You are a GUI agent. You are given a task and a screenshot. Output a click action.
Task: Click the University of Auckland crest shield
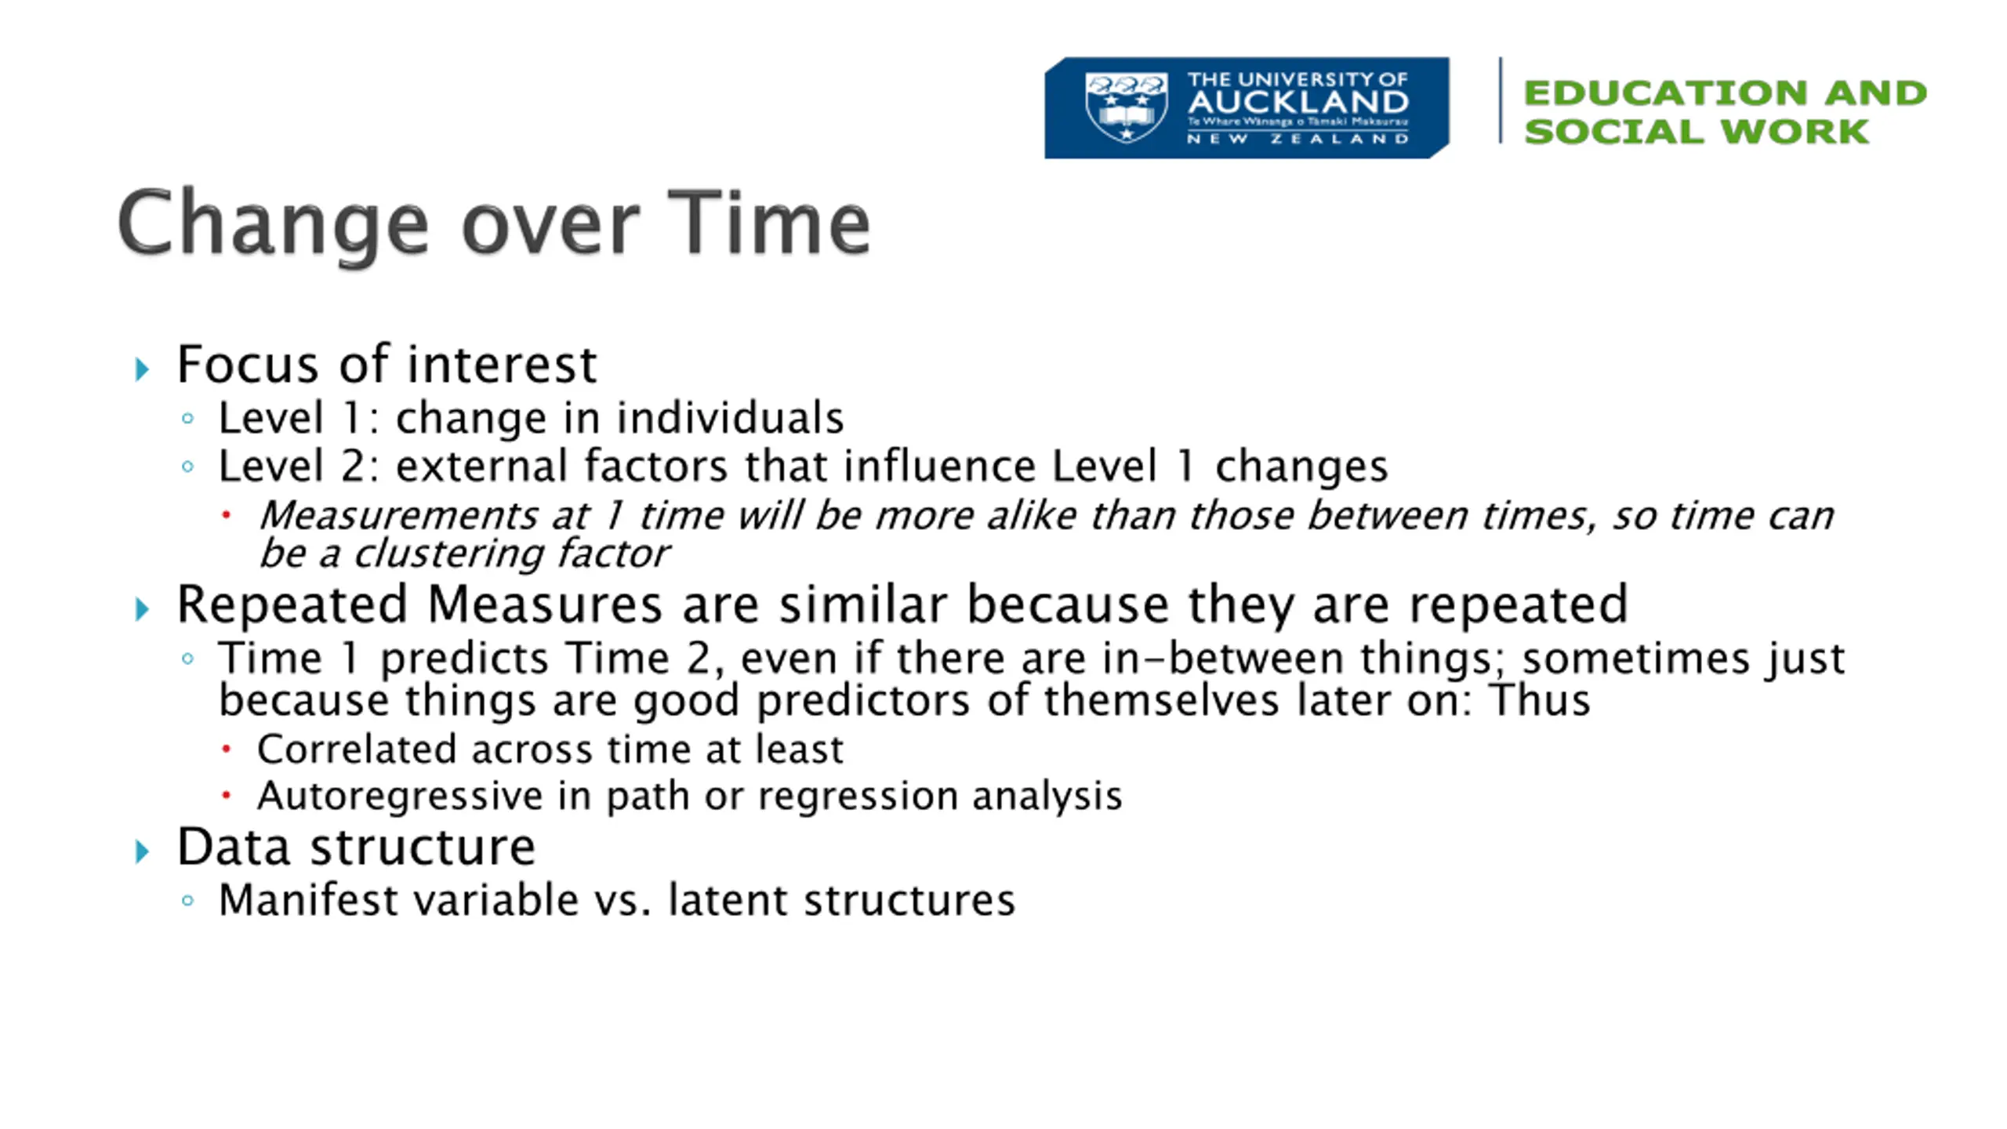tap(1127, 107)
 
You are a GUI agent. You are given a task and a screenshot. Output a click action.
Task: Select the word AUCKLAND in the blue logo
tap(1298, 102)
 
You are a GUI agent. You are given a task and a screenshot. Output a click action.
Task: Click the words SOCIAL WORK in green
tap(1697, 131)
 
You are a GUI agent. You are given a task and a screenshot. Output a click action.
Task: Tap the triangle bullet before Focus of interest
tap(142, 368)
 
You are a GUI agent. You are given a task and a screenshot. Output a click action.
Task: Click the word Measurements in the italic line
tap(398, 516)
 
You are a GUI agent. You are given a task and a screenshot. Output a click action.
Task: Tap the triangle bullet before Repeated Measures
tap(142, 609)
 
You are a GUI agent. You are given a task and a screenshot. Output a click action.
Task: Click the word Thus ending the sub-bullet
tap(1540, 699)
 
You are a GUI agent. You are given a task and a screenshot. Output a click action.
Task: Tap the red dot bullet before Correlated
tap(226, 750)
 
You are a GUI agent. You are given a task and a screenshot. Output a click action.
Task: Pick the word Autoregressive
tap(400, 796)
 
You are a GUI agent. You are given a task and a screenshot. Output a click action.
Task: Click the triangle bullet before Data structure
tap(142, 851)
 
